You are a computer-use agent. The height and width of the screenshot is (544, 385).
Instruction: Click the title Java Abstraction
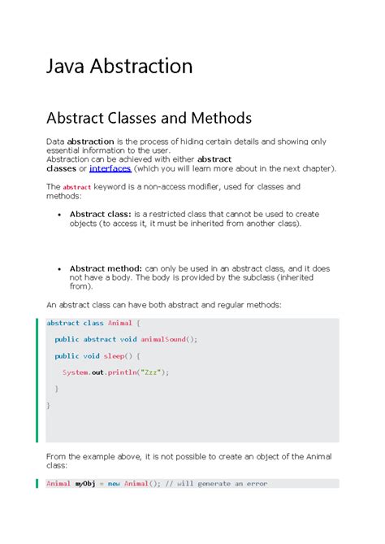click(119, 66)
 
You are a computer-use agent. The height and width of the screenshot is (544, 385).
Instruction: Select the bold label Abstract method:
click(106, 268)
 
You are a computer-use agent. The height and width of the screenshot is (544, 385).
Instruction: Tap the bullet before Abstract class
click(60, 215)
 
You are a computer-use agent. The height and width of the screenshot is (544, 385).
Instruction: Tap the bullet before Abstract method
click(60, 268)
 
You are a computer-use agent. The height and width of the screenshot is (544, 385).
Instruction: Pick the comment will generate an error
click(222, 483)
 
